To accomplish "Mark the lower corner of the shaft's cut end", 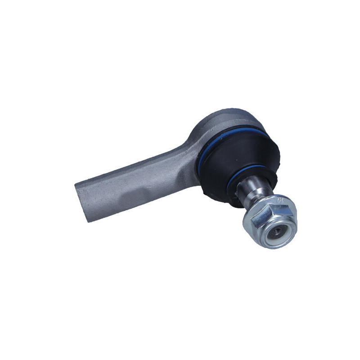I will coord(86,220).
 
